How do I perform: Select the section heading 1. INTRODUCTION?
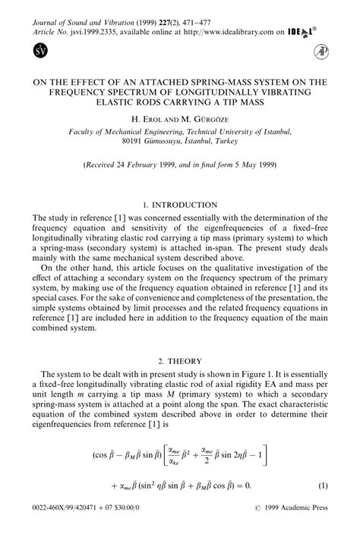[x=179, y=205]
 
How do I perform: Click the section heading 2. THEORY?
[x=180, y=361]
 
